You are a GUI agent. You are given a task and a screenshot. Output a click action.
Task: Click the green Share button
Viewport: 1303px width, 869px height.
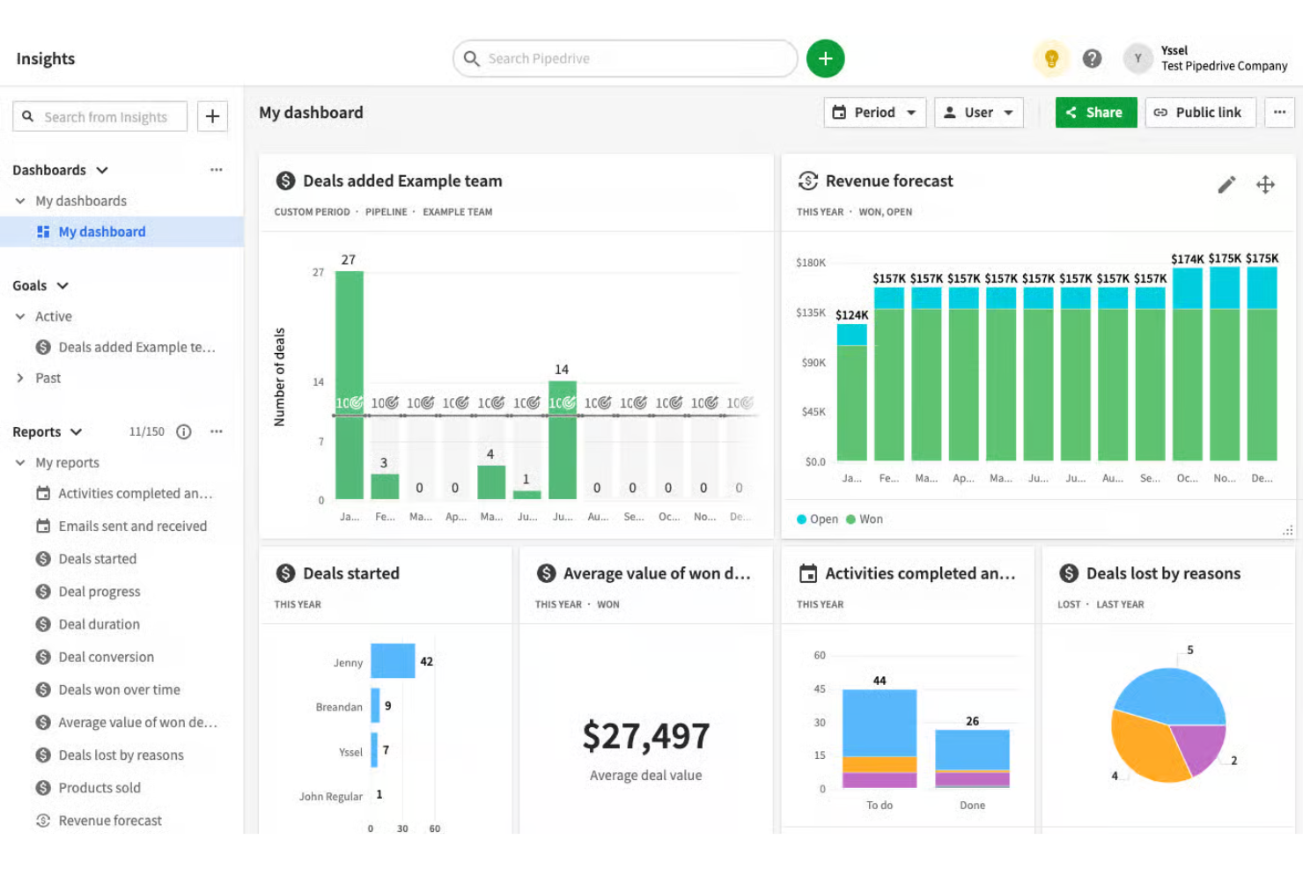(1095, 113)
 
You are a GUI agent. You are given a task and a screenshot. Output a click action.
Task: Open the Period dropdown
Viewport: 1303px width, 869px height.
(874, 113)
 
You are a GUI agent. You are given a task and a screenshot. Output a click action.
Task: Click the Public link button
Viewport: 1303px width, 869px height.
(1199, 113)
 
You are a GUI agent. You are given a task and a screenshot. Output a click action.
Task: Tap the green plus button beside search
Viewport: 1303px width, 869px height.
(825, 59)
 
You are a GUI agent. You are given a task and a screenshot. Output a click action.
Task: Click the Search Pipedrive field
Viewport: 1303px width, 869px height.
(625, 59)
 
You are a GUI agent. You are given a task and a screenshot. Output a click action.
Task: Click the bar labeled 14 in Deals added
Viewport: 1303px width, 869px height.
(563, 440)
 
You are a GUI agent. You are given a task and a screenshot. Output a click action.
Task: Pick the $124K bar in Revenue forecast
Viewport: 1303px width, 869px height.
(851, 396)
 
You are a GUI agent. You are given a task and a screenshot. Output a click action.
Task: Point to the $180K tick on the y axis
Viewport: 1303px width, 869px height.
(811, 262)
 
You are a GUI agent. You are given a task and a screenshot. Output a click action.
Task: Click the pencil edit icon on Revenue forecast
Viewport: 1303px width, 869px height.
(1226, 184)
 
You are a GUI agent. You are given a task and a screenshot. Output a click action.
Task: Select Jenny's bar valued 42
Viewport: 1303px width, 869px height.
(393, 661)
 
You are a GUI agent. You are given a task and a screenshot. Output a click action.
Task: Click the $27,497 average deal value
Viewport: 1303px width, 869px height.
(646, 736)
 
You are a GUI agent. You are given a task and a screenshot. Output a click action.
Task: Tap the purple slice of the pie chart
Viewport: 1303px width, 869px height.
(1198, 748)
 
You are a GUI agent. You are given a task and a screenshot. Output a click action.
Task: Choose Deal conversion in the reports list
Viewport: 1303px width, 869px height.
(106, 657)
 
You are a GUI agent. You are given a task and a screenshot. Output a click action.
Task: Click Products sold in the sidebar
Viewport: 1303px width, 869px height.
(99, 788)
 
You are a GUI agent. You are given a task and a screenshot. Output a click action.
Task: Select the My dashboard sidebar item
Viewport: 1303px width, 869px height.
(101, 232)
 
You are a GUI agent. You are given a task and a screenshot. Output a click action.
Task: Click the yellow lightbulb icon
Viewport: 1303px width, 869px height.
(1051, 59)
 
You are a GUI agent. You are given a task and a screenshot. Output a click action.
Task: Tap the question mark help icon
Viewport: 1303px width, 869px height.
(1092, 59)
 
